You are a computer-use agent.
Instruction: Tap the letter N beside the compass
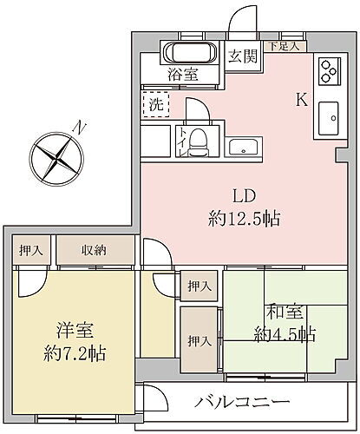(x=79, y=128)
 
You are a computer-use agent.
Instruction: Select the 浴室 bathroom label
(x=183, y=74)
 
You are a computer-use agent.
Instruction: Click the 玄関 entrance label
(x=241, y=57)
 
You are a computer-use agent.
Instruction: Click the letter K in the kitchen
(x=301, y=99)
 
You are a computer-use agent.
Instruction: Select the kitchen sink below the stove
(x=329, y=117)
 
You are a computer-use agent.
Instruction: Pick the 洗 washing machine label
(x=154, y=103)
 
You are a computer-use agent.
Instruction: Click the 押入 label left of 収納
(x=31, y=250)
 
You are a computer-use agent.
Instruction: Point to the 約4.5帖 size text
(x=285, y=334)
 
